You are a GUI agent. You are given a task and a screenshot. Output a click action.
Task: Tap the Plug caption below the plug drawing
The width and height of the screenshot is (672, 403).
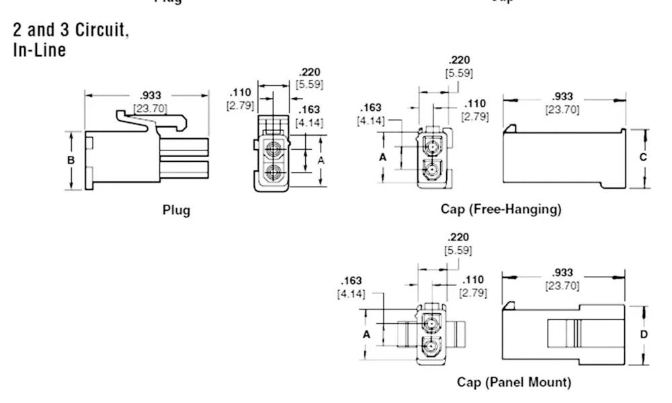coord(176,210)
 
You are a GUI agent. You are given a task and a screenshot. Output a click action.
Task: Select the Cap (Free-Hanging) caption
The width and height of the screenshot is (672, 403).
coord(501,209)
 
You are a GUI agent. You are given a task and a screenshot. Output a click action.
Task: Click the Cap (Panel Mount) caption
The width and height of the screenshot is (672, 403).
coord(513,382)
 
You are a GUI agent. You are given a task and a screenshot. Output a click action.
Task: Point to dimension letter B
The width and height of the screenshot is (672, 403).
coord(71,161)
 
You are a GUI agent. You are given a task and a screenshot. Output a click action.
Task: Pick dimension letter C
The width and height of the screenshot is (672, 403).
coord(643,157)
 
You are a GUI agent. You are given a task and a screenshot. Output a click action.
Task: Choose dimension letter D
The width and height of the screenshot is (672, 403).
coord(643,334)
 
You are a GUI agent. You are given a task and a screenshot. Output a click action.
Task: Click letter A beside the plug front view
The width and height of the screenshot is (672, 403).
coord(321,161)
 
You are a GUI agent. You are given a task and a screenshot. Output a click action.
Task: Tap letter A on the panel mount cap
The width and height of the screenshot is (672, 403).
coord(367,334)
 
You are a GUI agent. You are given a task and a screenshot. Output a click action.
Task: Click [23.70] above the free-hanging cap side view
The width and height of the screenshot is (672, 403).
coord(562,109)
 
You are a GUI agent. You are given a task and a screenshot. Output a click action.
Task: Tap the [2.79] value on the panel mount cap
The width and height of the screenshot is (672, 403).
coord(473,293)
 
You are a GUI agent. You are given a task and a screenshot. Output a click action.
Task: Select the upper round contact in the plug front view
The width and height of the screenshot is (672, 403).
coord(274,149)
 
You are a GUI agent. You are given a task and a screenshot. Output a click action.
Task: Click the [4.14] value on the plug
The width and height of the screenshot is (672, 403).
coord(309,123)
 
